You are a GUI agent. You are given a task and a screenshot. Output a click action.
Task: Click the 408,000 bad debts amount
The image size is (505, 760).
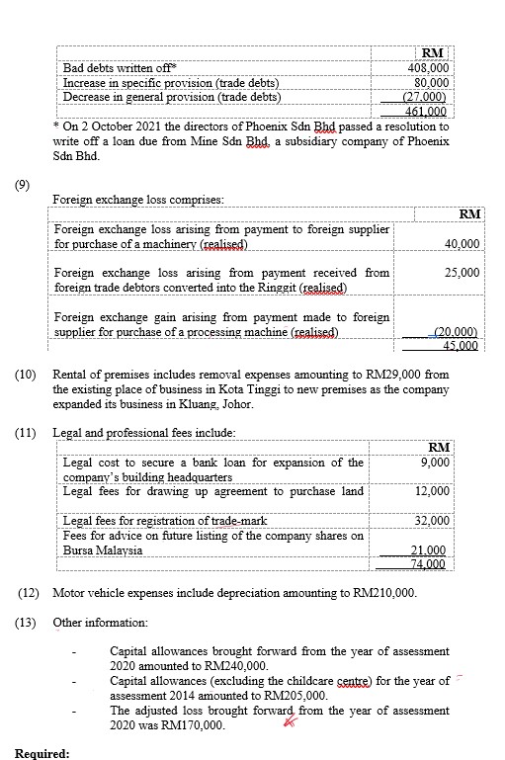point(429,68)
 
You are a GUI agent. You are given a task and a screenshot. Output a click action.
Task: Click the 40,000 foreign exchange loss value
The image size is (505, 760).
point(462,243)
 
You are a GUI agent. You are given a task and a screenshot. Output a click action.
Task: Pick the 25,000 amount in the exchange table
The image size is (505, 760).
point(462,272)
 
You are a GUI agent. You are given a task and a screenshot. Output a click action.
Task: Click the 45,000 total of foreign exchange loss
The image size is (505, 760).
point(460,345)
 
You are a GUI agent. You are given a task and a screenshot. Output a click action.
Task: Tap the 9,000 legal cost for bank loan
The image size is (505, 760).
point(434,462)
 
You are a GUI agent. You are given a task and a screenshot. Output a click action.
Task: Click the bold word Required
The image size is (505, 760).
point(42,753)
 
